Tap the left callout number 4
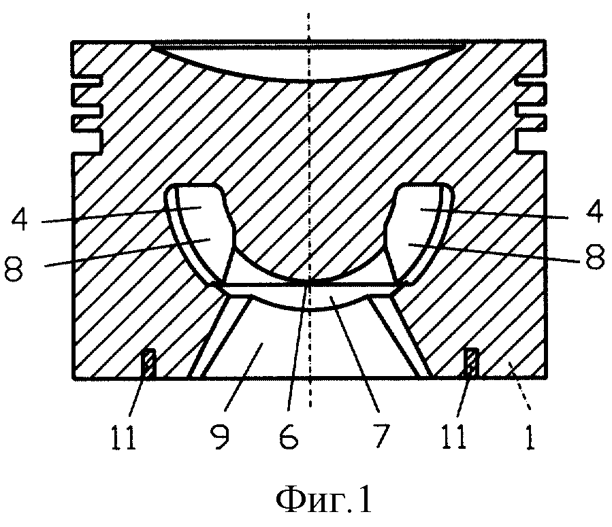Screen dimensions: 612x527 (x=19, y=220)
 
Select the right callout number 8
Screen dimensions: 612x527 (x=596, y=258)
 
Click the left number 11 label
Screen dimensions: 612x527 (x=123, y=437)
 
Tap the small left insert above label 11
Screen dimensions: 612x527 (x=148, y=363)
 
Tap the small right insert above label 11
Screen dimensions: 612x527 (x=472, y=362)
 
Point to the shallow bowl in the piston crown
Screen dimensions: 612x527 (x=308, y=63)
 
